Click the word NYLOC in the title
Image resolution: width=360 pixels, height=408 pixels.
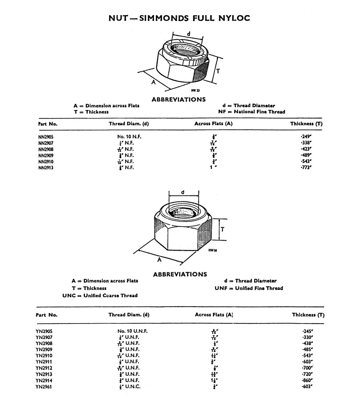pyautogui.click(x=232, y=18)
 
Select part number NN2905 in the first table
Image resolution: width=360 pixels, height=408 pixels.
pyautogui.click(x=46, y=137)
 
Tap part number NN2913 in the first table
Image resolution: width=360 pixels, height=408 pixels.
pyautogui.click(x=46, y=168)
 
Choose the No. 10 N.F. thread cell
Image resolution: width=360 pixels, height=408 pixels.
pyautogui.click(x=129, y=137)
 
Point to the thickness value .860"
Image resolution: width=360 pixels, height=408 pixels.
pyautogui.click(x=307, y=380)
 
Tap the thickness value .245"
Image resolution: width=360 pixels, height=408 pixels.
pyautogui.click(x=307, y=331)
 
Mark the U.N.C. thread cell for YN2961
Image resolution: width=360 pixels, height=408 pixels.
pyautogui.click(x=129, y=386)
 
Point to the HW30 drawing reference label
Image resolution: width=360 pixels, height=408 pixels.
pyautogui.click(x=212, y=251)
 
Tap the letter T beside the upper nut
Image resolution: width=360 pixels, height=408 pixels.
pyautogui.click(x=218, y=71)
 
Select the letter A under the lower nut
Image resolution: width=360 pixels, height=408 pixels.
pyautogui.click(x=159, y=260)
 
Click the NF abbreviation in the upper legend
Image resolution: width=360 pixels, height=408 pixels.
pyautogui.click(x=222, y=112)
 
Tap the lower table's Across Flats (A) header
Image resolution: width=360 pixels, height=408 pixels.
pyautogui.click(x=214, y=315)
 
